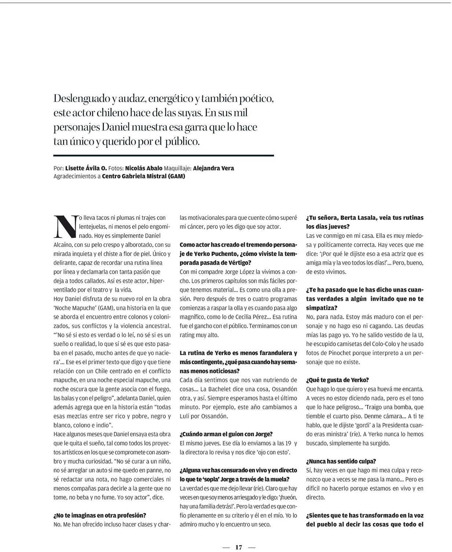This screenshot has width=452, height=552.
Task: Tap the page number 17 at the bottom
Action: (239, 547)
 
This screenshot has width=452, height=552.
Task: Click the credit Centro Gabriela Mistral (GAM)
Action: (143, 176)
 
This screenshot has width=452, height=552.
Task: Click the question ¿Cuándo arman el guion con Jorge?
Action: (226, 434)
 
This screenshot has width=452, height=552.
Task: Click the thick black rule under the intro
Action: (163, 156)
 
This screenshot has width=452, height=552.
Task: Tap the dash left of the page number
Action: (226, 547)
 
